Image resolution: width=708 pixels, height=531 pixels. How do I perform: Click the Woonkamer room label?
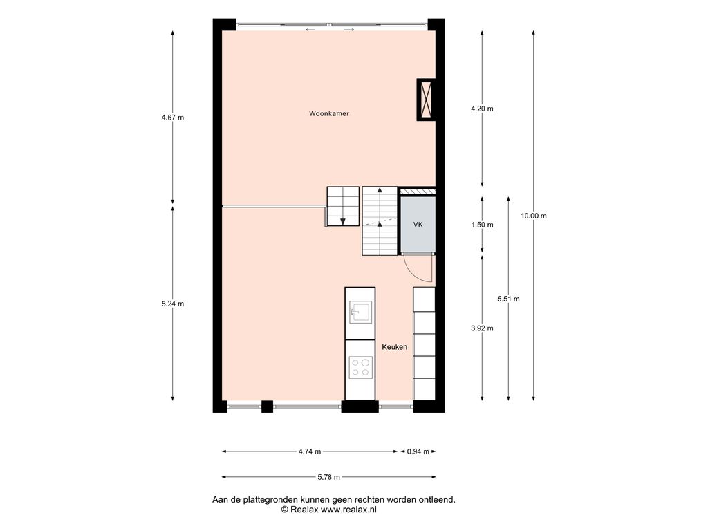click(x=328, y=114)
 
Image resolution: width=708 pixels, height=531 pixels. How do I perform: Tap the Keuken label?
click(x=394, y=347)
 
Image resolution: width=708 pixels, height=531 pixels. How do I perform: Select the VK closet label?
click(x=418, y=225)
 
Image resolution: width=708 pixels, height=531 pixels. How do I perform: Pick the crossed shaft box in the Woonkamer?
click(x=426, y=100)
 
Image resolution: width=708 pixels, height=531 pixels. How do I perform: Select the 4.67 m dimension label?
click(x=172, y=118)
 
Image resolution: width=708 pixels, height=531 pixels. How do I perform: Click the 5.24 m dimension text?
click(x=172, y=304)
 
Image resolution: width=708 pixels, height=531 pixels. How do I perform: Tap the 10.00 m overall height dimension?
click(x=533, y=216)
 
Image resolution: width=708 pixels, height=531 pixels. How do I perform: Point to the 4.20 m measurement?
click(x=482, y=109)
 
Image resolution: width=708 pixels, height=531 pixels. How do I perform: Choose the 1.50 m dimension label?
click(x=482, y=225)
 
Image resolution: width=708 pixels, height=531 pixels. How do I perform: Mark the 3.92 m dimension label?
click(x=482, y=328)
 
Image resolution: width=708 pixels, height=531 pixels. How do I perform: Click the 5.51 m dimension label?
click(x=508, y=299)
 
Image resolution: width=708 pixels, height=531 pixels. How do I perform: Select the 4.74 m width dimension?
click(x=310, y=451)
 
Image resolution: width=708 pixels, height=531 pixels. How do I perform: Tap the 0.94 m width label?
click(x=418, y=451)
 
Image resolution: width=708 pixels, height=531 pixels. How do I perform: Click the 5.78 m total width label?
click(x=328, y=477)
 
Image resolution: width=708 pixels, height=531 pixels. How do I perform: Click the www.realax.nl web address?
click(x=348, y=510)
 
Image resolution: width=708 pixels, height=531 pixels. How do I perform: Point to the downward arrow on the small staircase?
click(x=343, y=221)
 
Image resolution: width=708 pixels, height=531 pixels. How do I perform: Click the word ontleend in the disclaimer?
click(x=437, y=500)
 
